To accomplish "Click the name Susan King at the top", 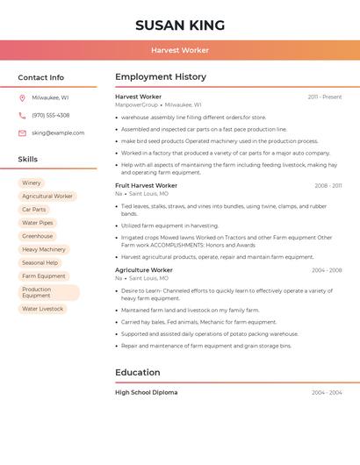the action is click(x=180, y=25).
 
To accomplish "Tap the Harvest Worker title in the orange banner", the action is click(x=180, y=50).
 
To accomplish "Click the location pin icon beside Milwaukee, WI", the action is click(x=22, y=97).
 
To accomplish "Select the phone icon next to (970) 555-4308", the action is click(x=22, y=115).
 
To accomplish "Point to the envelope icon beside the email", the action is click(x=22, y=132).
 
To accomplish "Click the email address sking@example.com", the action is click(x=58, y=132).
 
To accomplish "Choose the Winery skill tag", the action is click(x=32, y=182).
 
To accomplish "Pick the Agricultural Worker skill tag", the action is click(x=47, y=196).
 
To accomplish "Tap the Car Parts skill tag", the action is click(x=34, y=210).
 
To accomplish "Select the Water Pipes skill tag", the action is click(x=38, y=223).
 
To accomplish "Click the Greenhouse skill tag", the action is click(x=38, y=236).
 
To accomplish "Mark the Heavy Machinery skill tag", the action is click(x=44, y=249).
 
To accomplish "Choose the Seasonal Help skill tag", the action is click(x=40, y=262).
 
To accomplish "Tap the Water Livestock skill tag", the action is click(x=43, y=309).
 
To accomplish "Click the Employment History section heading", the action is click(x=161, y=77).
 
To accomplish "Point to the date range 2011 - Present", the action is click(x=324, y=97).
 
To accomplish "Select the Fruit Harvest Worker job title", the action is click(x=146, y=185).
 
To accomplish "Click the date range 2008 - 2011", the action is click(x=328, y=185).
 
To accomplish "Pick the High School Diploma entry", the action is click(x=146, y=392).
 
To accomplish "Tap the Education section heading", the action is click(x=138, y=372).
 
